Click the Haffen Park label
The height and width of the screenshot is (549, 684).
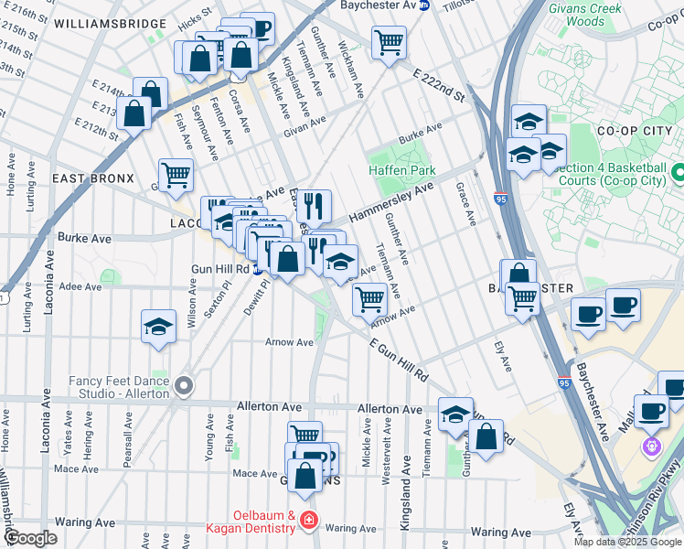pos(401,170)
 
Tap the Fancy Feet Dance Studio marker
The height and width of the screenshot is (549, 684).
pos(184,386)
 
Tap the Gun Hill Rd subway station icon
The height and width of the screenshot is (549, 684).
pos(259,269)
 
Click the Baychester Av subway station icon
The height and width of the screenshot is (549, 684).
pos(423,5)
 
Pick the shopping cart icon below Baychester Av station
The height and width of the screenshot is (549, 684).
pos(389,41)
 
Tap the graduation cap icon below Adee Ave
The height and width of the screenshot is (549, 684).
pos(158,326)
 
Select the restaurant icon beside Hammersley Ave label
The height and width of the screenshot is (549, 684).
pos(313,206)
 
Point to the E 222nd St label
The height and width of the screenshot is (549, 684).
pos(439,84)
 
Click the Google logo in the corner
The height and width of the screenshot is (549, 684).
pos(31,537)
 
